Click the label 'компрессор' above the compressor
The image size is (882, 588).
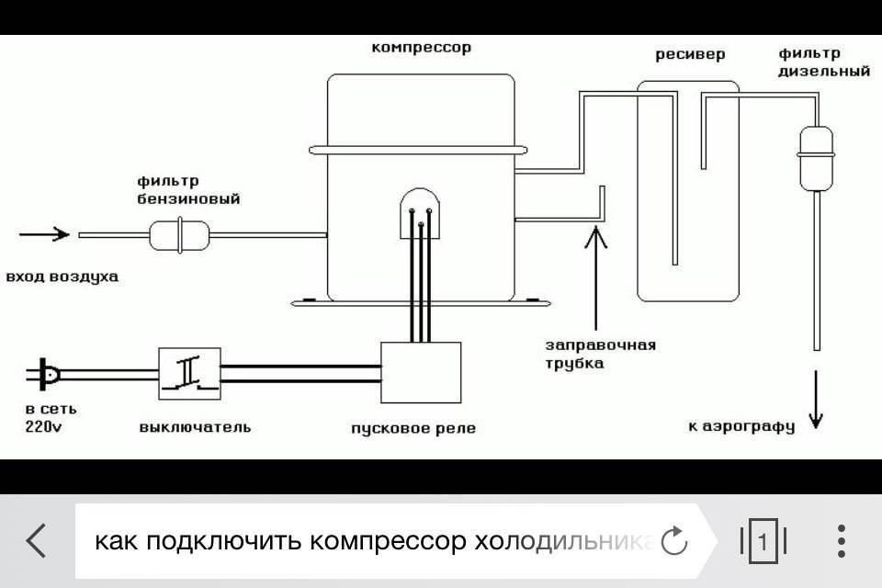421,47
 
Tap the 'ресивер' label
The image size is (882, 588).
689,54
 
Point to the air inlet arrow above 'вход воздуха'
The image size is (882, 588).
43,234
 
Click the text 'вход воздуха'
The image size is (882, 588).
62,276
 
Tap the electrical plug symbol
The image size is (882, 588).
45,375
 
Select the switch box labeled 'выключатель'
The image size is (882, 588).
189,373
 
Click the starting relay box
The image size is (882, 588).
420,372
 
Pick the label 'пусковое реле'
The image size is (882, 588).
413,428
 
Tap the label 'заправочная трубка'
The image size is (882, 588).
600,355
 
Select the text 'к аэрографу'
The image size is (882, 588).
741,426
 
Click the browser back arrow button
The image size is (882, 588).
37,541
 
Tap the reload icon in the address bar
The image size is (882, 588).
674,541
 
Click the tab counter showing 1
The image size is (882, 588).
763,541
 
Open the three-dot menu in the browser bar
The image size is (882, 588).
841,541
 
